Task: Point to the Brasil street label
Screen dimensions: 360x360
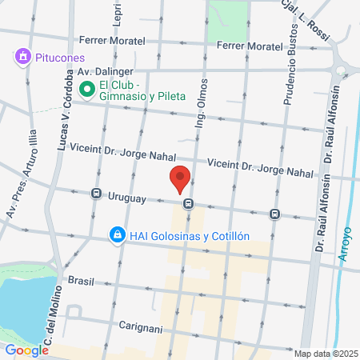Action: coord(82,281)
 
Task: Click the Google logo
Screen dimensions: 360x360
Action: coord(26,350)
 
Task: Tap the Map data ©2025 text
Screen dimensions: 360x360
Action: coord(324,354)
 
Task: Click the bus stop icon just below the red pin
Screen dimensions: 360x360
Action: coord(188,204)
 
